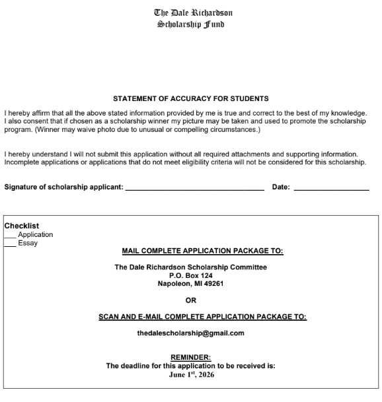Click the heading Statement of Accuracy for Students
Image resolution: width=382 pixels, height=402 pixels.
click(x=191, y=98)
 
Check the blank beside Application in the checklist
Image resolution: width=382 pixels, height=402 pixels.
click(x=11, y=235)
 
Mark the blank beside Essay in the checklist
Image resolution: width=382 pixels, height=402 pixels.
click(x=11, y=244)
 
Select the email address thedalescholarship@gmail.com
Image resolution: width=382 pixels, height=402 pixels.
click(x=190, y=333)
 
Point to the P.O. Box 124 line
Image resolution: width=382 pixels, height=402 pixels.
click(x=190, y=275)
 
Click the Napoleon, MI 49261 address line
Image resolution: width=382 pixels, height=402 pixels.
click(x=190, y=284)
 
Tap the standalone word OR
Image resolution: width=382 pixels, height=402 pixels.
click(x=190, y=300)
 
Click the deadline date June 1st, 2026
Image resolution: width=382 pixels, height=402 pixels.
click(x=190, y=375)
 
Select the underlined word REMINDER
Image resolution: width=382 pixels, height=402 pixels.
click(x=190, y=358)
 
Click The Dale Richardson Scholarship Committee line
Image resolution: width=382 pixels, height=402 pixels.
click(x=190, y=267)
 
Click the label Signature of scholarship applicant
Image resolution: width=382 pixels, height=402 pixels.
click(x=63, y=187)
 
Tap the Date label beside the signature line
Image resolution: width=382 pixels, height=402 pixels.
click(x=280, y=187)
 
